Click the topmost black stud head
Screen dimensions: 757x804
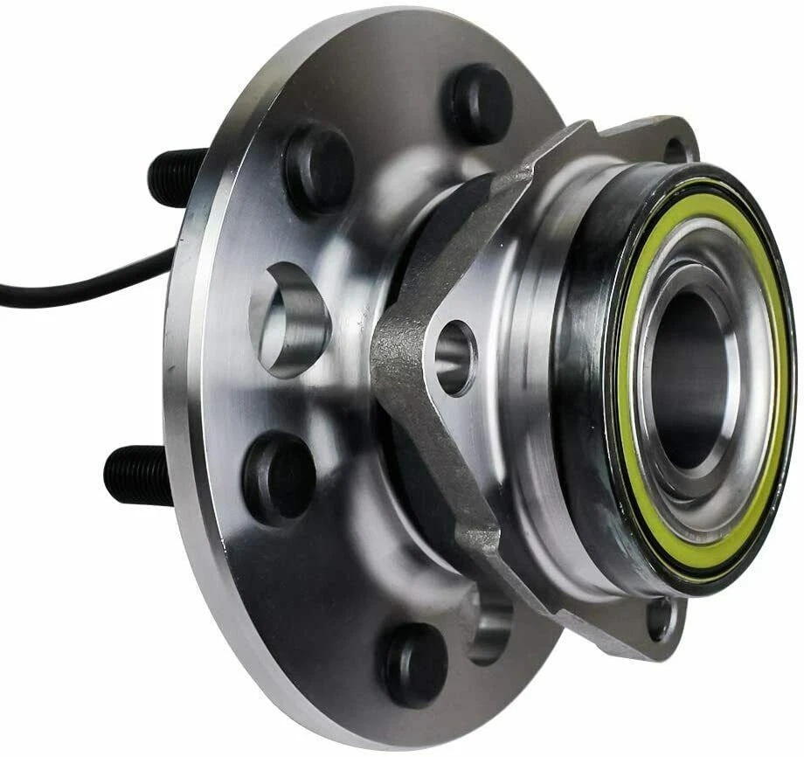pyautogui.click(x=477, y=103)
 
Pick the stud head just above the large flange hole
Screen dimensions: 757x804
pyautogui.click(x=318, y=166)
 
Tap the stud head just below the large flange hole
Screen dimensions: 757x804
pyautogui.click(x=280, y=476)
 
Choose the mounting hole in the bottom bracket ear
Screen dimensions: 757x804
pyautogui.click(x=661, y=617)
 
